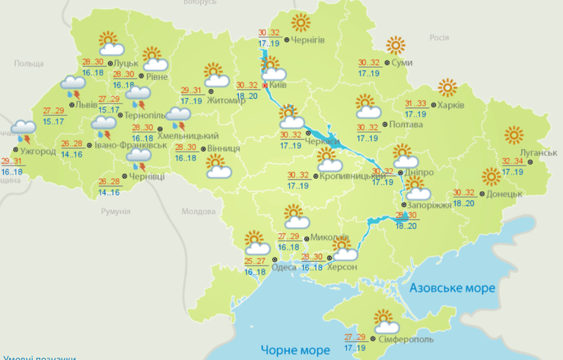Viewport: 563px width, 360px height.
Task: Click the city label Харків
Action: [451, 106]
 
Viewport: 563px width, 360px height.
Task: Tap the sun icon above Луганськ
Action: [514, 135]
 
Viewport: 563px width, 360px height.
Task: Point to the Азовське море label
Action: [452, 288]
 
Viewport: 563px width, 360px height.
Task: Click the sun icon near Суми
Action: [396, 46]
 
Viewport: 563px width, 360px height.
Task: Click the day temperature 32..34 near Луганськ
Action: [513, 161]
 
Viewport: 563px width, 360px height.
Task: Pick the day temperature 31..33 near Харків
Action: [415, 104]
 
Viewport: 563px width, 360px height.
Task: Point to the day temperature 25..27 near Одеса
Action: [256, 261]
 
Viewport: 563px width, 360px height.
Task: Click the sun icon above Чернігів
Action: [301, 21]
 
